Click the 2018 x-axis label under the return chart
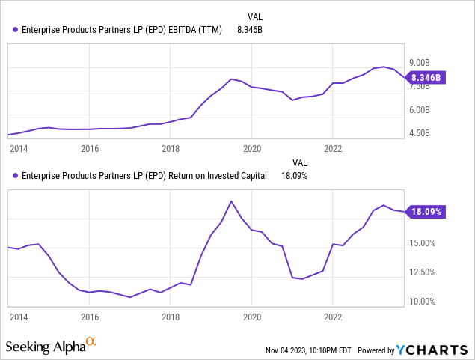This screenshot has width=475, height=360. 171,317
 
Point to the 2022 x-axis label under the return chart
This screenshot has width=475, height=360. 333,317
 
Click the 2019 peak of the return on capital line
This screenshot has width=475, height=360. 231,201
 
